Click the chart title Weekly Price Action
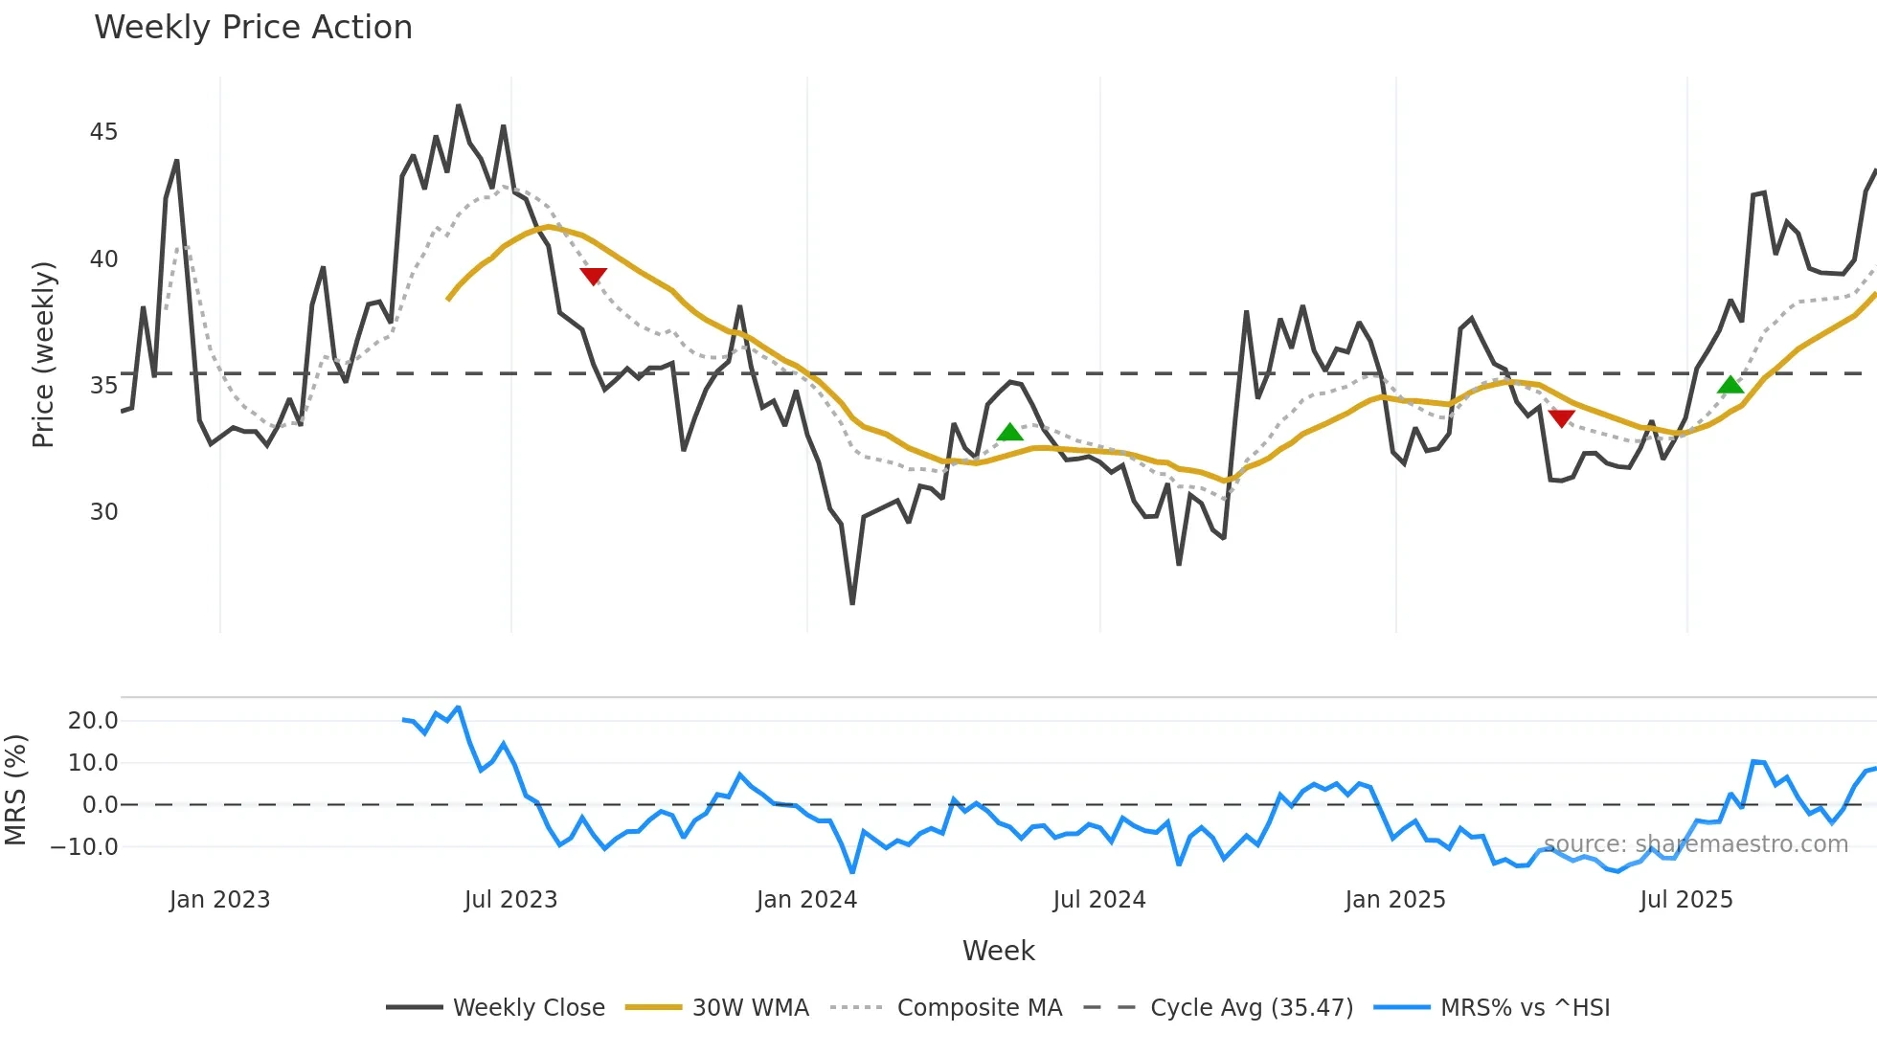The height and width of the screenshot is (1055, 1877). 253,28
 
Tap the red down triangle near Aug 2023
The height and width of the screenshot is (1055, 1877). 594,276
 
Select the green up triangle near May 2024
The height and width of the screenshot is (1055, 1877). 1009,433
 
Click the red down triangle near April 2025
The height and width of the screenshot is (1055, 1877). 1561,418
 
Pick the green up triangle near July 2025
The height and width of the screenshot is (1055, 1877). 1730,385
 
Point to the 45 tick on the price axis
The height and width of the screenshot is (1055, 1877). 103,132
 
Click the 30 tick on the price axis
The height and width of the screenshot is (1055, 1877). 103,512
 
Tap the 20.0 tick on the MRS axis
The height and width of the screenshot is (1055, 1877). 93,721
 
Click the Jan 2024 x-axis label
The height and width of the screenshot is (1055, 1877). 806,900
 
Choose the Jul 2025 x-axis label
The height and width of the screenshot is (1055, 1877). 1686,900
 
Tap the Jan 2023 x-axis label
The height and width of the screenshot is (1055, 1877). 219,900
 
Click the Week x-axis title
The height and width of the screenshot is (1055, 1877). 998,951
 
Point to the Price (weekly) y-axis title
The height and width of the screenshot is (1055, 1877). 44,354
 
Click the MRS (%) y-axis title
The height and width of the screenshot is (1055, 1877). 15,790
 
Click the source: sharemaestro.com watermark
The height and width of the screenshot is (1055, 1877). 1695,844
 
